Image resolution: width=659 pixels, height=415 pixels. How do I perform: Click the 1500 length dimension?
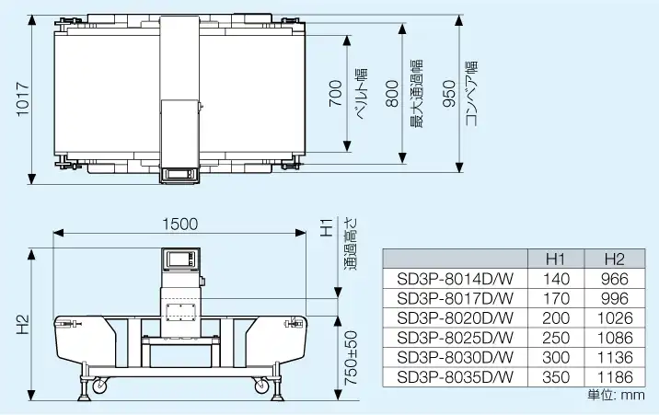tap(180, 224)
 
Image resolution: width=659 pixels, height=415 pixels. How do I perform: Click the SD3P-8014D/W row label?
tap(455, 279)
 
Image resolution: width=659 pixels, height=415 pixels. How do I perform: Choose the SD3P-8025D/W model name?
tap(455, 338)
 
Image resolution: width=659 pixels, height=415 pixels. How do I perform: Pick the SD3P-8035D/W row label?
tap(455, 377)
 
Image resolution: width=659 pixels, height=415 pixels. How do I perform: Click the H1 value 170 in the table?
tap(557, 298)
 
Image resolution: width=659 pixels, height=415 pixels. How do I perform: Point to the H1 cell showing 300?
tap(557, 358)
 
